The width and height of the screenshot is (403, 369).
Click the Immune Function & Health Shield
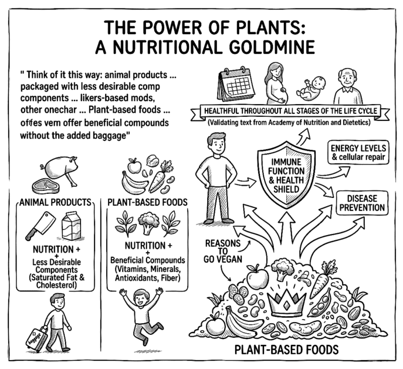282,169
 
